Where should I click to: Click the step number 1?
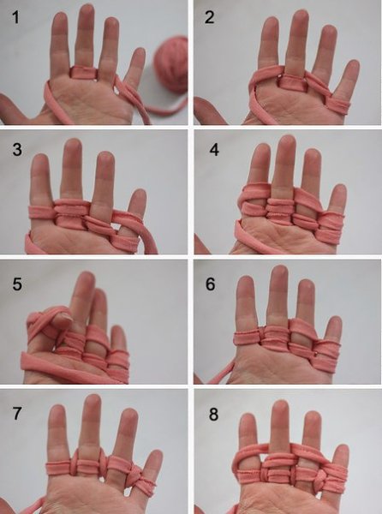tap(15, 17)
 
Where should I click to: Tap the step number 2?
tap(209, 17)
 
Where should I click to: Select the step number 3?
tap(17, 149)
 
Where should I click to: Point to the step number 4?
tap(214, 149)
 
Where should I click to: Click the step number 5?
tap(17, 284)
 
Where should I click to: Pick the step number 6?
tap(211, 284)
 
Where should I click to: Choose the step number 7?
tap(17, 414)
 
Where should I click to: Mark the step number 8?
tap(213, 415)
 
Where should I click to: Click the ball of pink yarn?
tap(171, 64)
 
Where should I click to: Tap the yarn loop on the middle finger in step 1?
tap(84, 72)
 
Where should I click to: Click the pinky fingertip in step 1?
tap(140, 54)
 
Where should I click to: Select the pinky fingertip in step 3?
tap(139, 195)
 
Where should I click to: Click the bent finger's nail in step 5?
tap(65, 316)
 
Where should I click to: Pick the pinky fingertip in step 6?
tap(334, 323)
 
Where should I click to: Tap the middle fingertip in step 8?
tap(280, 408)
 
